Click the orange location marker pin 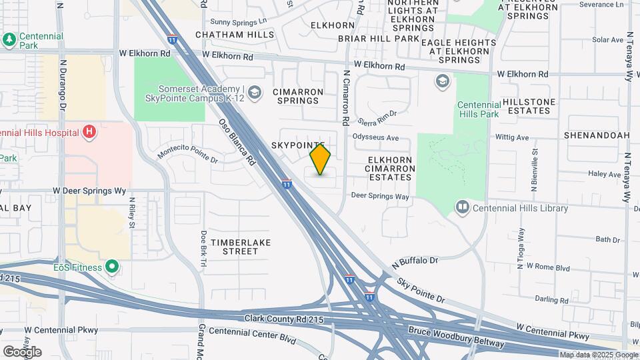[321, 159]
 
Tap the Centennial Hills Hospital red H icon [89, 132]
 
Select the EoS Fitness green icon [112, 268]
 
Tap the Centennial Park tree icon [9, 40]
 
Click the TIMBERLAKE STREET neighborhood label [241, 247]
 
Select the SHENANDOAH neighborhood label [596, 135]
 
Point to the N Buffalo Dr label [415, 261]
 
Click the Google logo [22, 352]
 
